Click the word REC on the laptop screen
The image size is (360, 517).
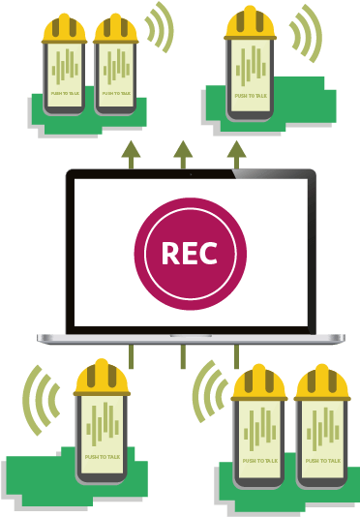point(190,254)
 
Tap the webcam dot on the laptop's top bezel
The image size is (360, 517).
point(190,173)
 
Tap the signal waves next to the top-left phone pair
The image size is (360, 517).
point(160,27)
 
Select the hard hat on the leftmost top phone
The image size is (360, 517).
point(64,28)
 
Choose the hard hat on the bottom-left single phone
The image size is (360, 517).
point(102,379)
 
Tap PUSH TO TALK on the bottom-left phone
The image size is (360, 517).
point(101,456)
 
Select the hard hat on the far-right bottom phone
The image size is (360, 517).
point(322,384)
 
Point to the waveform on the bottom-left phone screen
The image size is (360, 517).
point(101,424)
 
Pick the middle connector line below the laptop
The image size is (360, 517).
point(182,356)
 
